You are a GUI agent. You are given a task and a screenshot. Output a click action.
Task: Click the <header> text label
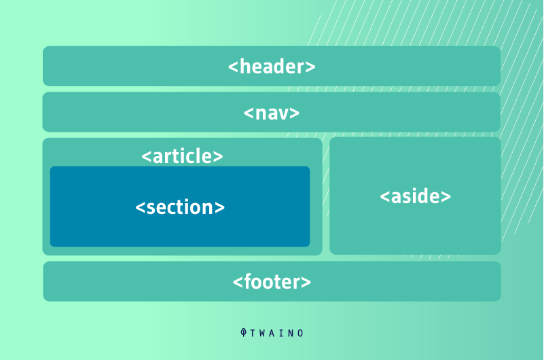click(272, 67)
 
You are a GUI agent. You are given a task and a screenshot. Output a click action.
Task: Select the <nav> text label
click(272, 113)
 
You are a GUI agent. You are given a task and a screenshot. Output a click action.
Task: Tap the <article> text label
click(182, 156)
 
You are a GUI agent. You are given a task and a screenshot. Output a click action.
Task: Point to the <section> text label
click(180, 207)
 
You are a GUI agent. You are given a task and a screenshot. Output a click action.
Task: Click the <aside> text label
click(415, 196)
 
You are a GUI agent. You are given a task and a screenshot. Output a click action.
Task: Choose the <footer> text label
click(272, 281)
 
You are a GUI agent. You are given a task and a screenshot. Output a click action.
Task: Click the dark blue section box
click(180, 206)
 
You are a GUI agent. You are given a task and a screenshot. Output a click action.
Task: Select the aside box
click(415, 196)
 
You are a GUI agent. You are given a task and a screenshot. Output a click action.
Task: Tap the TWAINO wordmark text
click(276, 334)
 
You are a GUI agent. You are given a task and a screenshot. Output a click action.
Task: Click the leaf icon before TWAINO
click(244, 333)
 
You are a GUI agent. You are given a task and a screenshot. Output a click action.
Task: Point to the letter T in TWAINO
click(252, 334)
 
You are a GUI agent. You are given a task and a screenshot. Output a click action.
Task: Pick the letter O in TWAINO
click(300, 334)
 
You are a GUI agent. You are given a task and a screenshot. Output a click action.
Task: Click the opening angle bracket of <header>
click(233, 67)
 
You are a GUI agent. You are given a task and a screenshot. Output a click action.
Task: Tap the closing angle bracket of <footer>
click(306, 282)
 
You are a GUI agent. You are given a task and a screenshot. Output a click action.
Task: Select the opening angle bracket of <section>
click(140, 208)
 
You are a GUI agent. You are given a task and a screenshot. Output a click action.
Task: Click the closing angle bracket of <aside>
click(446, 197)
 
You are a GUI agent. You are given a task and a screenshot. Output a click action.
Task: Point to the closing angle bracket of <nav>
click(295, 113)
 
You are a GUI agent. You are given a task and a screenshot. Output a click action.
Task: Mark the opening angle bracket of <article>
click(147, 157)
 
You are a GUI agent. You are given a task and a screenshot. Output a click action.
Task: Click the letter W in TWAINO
click(262, 334)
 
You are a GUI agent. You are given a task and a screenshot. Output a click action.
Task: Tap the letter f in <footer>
click(248, 281)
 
